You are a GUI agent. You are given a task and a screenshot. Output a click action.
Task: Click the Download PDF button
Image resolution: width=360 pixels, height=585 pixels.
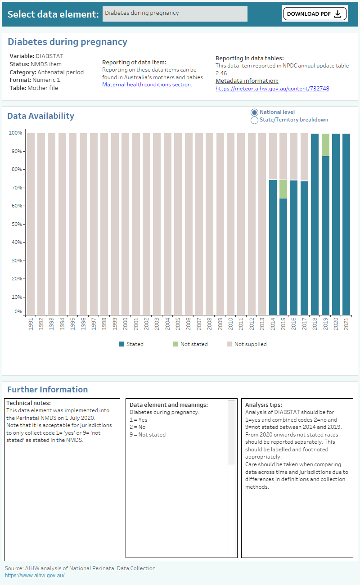315,13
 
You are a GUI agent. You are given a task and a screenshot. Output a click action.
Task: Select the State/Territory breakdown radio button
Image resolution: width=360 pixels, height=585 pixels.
255,120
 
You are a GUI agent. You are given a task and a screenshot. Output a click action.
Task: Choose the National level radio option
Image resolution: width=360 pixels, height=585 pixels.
255,112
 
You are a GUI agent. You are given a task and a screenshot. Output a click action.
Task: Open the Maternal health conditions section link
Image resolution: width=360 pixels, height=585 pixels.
147,85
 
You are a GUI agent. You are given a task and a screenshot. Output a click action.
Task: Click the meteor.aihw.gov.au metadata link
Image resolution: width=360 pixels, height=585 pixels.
272,89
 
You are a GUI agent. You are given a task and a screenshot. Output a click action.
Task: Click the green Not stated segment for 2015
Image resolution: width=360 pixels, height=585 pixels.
283,189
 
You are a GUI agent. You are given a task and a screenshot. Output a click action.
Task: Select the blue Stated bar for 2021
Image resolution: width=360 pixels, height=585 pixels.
346,225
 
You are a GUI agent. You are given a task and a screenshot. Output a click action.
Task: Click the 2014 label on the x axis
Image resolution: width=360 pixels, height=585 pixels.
273,324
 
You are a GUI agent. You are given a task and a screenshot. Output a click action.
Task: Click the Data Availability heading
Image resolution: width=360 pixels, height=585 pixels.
40,116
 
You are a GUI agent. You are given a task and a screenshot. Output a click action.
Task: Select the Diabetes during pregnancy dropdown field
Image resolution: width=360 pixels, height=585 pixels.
175,13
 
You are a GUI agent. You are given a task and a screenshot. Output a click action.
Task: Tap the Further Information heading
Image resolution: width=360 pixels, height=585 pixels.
47,390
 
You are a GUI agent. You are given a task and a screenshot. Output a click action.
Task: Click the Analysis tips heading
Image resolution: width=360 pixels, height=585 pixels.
263,405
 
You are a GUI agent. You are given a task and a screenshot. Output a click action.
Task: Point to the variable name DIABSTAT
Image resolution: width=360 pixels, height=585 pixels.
49,56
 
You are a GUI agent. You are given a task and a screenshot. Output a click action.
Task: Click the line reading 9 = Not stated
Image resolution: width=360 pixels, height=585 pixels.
147,435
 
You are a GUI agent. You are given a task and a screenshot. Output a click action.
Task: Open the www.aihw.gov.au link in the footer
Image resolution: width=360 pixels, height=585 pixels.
35,576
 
